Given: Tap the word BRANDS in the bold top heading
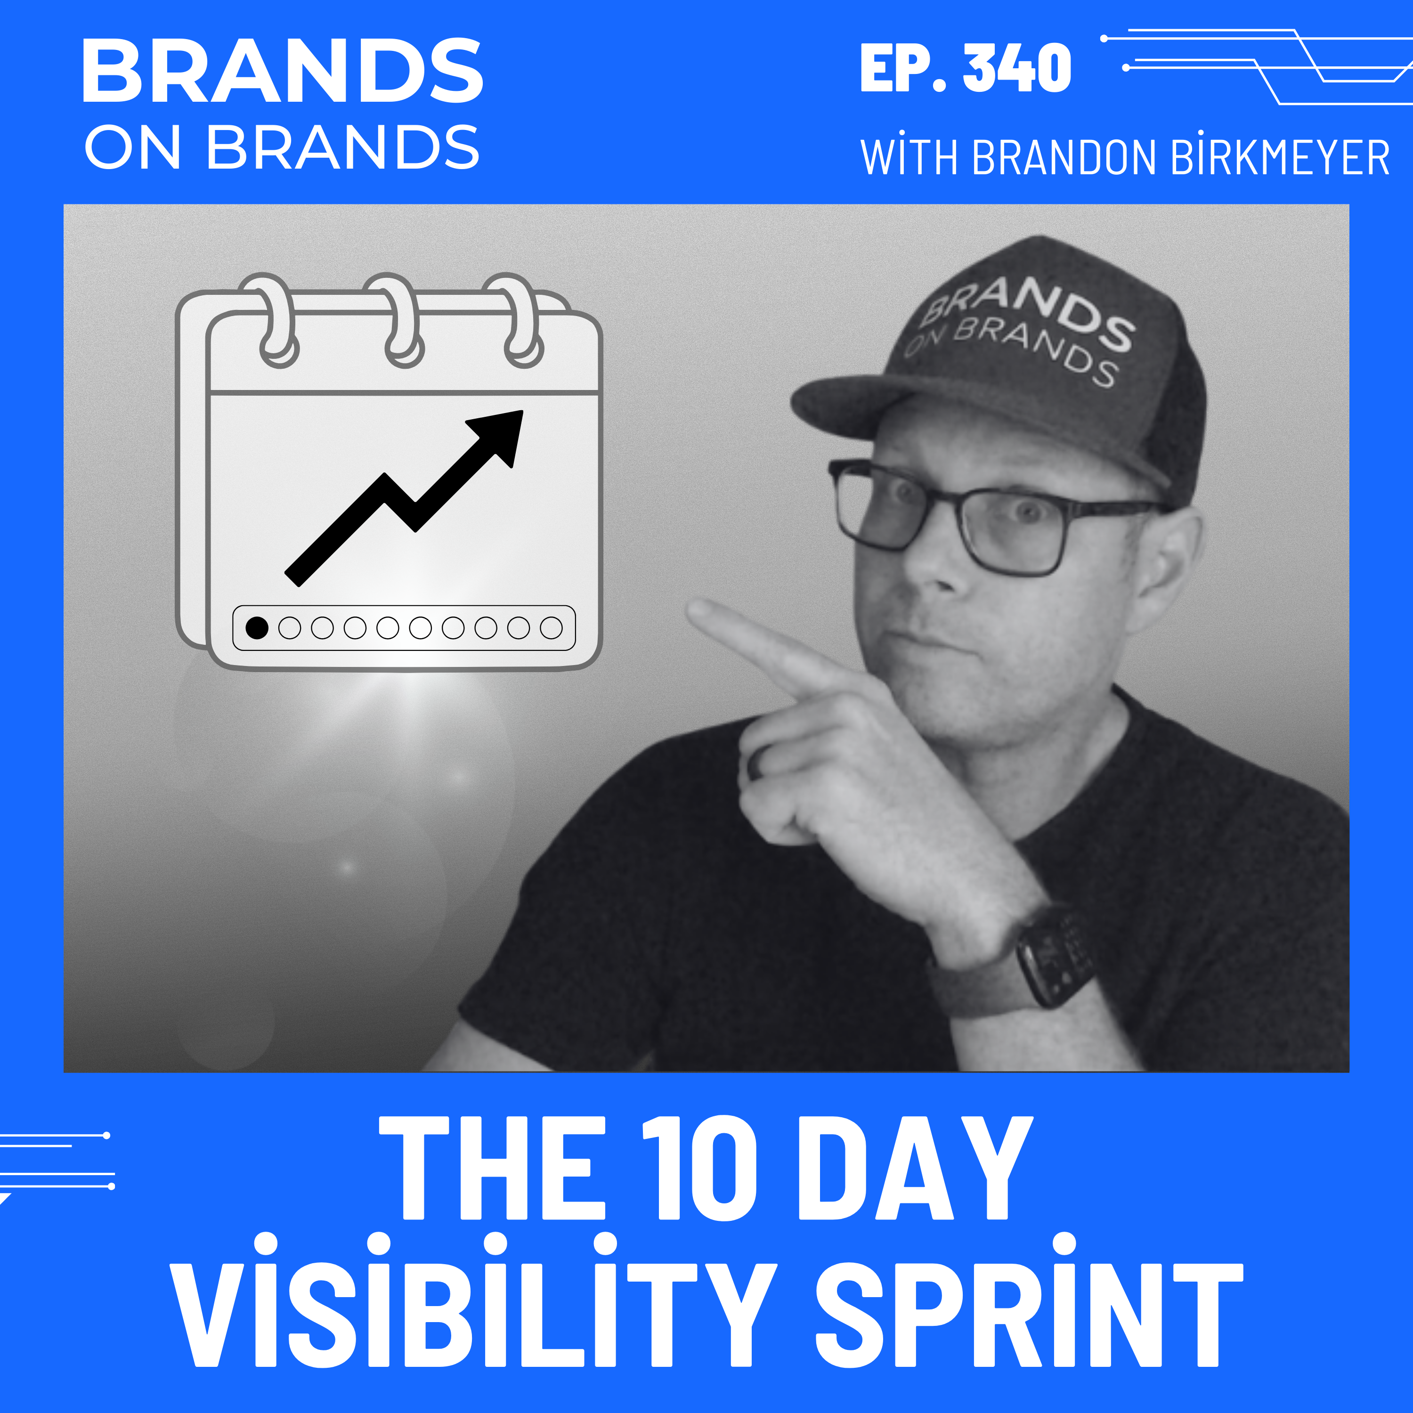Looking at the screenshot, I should [x=282, y=71].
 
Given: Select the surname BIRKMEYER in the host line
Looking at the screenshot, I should [x=1279, y=157].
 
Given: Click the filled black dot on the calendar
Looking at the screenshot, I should [x=257, y=627].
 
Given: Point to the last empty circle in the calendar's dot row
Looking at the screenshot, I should [x=551, y=627].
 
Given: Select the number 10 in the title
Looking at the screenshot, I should [x=698, y=1170].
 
